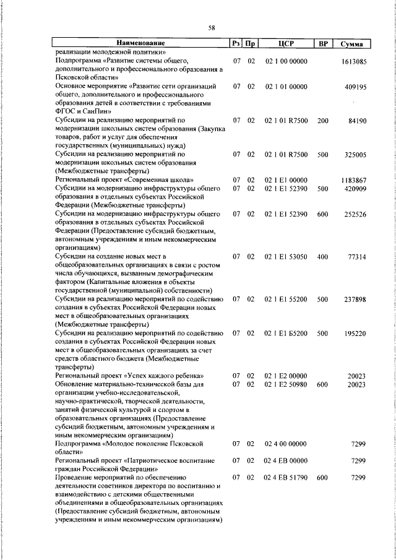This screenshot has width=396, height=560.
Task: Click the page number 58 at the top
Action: point(211,28)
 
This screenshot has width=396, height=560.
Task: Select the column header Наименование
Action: point(140,43)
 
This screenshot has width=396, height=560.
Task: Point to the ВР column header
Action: point(322,43)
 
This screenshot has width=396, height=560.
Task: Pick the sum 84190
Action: point(358,121)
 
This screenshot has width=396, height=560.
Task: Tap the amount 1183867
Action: point(354,180)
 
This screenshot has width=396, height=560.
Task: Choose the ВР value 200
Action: point(322,121)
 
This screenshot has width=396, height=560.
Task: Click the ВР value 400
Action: point(322,256)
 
